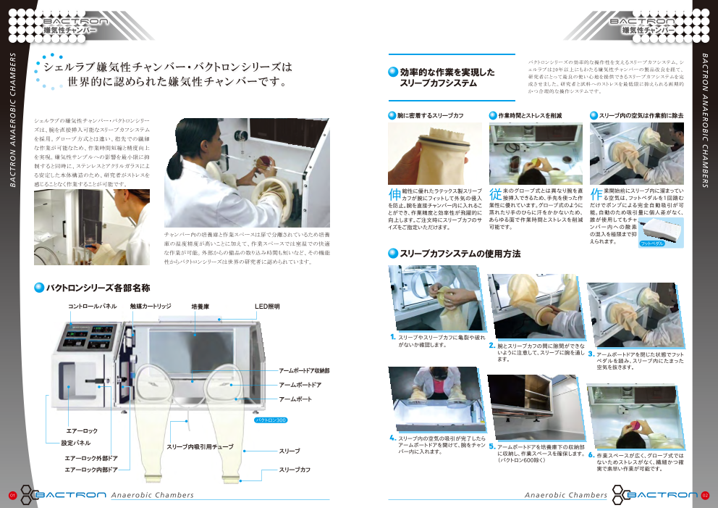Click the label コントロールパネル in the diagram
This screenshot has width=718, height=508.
(92, 307)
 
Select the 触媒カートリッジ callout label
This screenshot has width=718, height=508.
(151, 307)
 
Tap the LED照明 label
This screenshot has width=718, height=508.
(267, 307)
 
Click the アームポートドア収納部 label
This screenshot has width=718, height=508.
(304, 371)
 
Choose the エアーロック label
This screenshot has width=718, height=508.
(82, 431)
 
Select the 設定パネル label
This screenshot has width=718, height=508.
(76, 443)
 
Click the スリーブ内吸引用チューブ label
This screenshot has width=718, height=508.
(200, 447)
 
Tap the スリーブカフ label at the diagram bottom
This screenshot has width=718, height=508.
(295, 470)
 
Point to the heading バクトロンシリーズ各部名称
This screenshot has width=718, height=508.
(98, 288)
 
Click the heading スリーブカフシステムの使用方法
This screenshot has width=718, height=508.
(460, 254)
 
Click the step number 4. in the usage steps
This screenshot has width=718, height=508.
(392, 437)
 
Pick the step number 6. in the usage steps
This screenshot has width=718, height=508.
(591, 455)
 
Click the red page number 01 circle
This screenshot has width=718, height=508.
(12, 495)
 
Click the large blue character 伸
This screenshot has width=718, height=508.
(394, 194)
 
